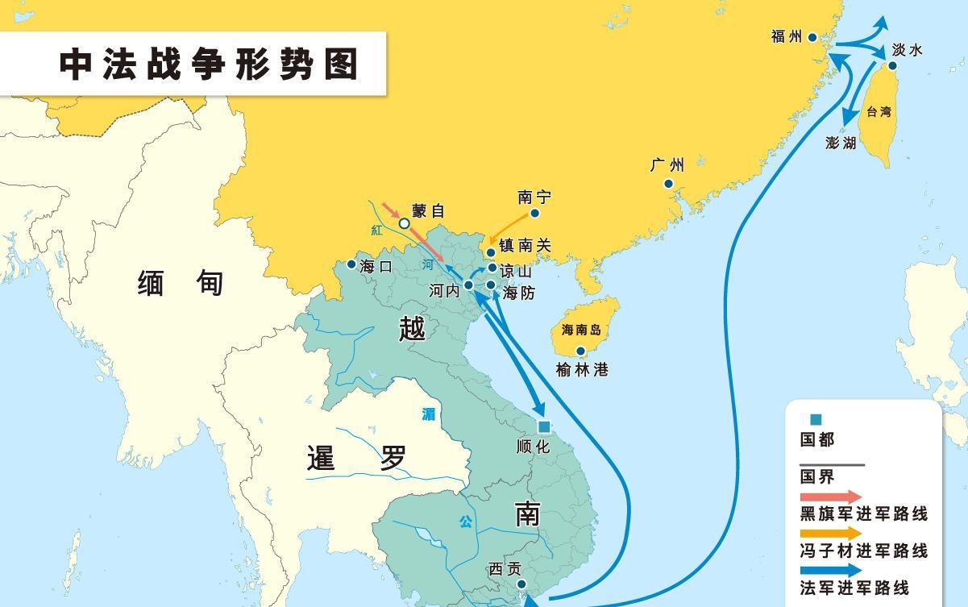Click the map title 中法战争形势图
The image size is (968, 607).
tap(209, 64)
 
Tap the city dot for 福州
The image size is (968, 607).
tap(812, 37)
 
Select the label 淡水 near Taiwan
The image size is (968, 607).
tap(907, 50)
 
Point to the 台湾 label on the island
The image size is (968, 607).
tap(879, 112)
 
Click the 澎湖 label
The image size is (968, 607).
tap(841, 143)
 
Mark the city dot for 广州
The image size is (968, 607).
tap(668, 184)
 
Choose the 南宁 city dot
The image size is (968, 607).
tap(534, 214)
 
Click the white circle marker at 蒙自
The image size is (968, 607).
tap(405, 223)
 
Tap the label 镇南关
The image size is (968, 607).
tap(525, 246)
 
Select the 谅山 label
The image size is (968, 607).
tap(516, 271)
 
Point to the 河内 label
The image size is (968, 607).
tap(444, 290)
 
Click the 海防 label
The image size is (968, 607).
tap(518, 293)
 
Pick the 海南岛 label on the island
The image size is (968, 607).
tap(581, 330)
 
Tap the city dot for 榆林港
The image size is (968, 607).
tap(580, 351)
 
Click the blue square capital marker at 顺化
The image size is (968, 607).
tap(544, 426)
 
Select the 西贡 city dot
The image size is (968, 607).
tap(521, 584)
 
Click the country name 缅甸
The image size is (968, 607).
tap(181, 283)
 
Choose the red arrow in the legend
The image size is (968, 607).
tap(830, 497)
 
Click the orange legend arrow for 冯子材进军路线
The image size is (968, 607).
tap(830, 534)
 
